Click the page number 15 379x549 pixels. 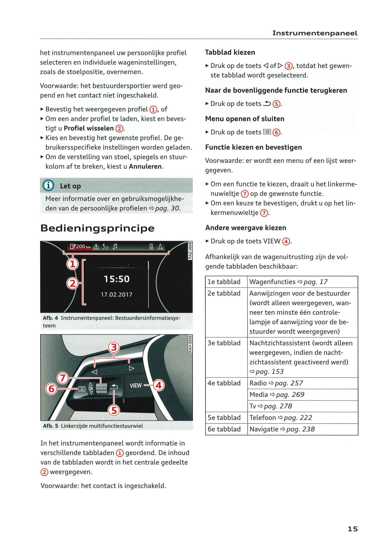352,529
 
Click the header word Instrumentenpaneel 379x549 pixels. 315,33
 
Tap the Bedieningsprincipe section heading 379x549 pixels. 97,228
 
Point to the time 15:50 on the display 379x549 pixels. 116,279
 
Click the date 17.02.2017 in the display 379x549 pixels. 116,294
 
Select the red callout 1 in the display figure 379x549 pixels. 72,264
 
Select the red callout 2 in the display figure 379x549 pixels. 72,283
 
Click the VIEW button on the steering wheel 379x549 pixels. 135,385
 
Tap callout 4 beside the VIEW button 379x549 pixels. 159,385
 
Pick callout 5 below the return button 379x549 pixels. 114,410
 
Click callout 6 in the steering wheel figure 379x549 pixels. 51,388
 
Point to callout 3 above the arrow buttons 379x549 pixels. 114,347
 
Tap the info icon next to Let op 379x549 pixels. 48,186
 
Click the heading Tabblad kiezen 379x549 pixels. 230,52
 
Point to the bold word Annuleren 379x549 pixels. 145,167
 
